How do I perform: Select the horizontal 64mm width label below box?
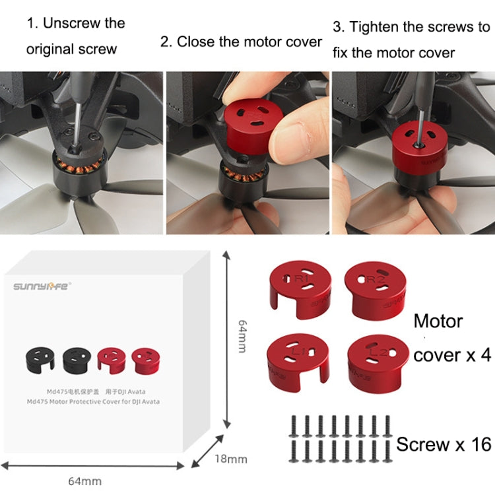[x=86, y=481]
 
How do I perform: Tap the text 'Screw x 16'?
[x=444, y=444]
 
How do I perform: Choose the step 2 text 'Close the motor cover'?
[x=241, y=42]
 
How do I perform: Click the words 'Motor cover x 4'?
[x=451, y=338]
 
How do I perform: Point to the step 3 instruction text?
[x=411, y=39]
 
